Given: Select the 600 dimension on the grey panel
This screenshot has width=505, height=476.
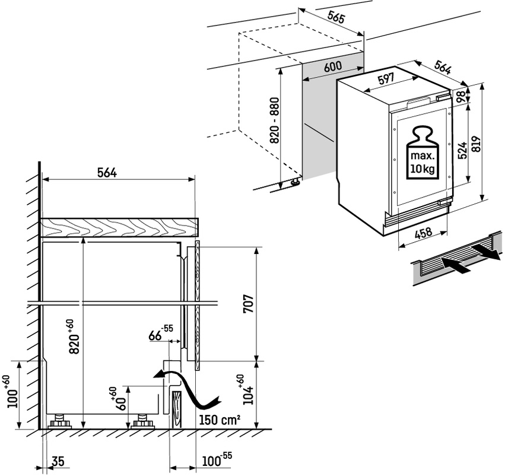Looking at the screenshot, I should [333, 67].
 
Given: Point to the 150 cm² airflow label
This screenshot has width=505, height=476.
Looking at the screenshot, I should [220, 420].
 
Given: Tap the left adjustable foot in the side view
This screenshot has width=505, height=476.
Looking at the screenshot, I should [60, 422].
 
